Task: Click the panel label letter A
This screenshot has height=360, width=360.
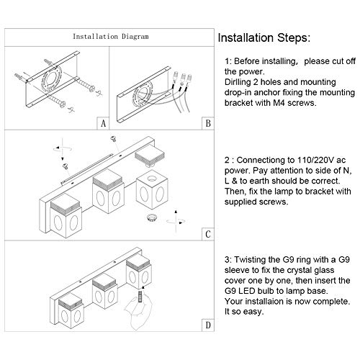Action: (x=103, y=124)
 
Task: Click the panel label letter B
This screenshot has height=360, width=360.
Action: (x=208, y=123)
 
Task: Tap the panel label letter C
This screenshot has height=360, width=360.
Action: (x=208, y=234)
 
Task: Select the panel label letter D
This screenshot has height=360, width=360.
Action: (x=208, y=325)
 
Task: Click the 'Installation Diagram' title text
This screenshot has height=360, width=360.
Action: (x=111, y=37)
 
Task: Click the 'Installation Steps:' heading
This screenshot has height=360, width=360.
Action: (x=264, y=38)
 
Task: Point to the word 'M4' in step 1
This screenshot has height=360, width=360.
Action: (x=279, y=103)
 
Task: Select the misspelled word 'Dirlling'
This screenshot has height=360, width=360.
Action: (x=238, y=82)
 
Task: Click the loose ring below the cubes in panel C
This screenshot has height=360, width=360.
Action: (x=152, y=217)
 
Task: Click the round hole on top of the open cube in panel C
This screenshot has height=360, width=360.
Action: (x=152, y=178)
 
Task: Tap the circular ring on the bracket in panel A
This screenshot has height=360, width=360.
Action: (x=52, y=79)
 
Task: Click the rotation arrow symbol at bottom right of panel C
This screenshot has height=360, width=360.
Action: (x=176, y=222)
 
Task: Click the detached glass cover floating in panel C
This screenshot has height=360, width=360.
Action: (x=149, y=155)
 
